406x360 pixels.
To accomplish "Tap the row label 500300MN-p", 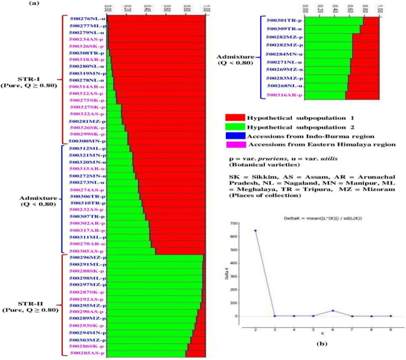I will pyautogui.click(x=88, y=141).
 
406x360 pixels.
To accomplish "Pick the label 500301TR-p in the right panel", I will pyautogui.click(x=283, y=21).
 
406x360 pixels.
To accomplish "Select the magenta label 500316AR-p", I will pyautogui.click(x=283, y=95).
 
